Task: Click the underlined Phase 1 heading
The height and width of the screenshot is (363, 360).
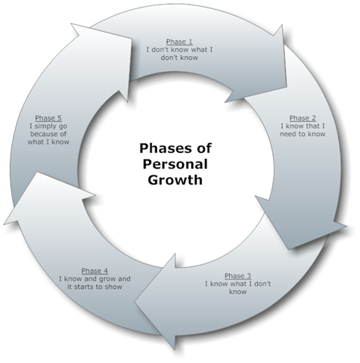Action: pos(179,42)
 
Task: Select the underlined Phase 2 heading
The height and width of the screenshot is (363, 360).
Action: pos(303,118)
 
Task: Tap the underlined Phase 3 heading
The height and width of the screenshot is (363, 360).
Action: pos(237,276)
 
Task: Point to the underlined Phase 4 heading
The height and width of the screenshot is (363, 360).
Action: pos(95,271)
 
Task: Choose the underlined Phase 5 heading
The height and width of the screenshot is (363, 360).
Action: pos(48,118)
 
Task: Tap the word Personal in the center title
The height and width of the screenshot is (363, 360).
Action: pos(175,164)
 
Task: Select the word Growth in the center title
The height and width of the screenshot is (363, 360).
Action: pos(175,180)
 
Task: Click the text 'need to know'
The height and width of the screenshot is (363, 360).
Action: pos(303,134)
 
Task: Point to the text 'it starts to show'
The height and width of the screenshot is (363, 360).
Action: pos(95,287)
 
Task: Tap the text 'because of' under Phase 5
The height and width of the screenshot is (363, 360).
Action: pos(48,134)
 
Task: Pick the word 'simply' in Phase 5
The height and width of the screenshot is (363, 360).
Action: pos(46,126)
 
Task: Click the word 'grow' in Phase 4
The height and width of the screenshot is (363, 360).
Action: pos(108,279)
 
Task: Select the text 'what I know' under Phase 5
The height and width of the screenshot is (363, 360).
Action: pos(48,142)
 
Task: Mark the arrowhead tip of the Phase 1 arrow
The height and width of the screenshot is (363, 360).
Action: pos(287,87)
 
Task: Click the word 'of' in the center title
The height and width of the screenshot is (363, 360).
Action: pos(203,148)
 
